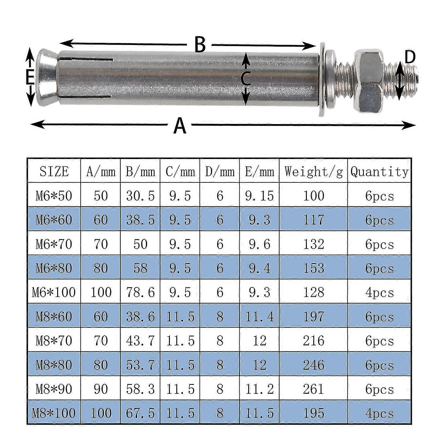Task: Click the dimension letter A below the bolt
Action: point(180,126)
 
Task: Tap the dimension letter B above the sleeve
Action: point(200,45)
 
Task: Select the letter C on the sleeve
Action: point(246,79)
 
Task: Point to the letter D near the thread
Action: point(410,57)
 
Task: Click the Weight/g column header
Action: point(313,172)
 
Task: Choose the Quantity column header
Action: point(379,172)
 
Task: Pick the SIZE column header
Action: point(54,172)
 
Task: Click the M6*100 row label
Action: point(54,292)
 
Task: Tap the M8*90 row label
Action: point(54,389)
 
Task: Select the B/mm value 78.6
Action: point(140,292)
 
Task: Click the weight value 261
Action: point(313,389)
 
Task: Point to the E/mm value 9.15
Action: point(259,196)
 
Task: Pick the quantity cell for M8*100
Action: point(379,413)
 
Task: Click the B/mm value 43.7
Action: point(140,341)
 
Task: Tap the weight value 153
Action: point(313,268)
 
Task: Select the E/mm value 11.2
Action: point(259,389)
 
